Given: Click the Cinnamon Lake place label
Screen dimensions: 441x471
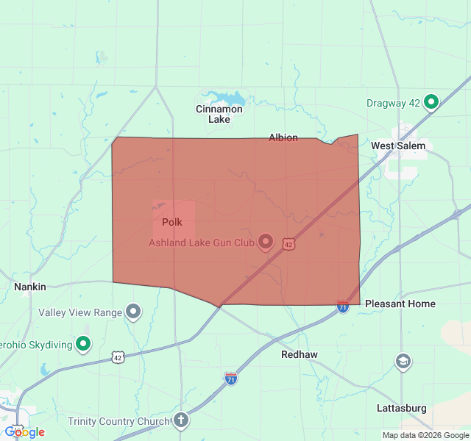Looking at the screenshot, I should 219,114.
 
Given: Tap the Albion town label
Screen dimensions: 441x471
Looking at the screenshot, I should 283,137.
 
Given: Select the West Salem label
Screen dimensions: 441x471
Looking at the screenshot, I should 397,146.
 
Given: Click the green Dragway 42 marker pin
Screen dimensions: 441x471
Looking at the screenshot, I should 431,102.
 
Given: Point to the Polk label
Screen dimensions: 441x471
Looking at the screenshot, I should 172,222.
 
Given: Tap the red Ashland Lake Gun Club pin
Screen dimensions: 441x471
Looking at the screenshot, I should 265,242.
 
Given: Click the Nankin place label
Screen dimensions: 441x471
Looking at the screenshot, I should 30,287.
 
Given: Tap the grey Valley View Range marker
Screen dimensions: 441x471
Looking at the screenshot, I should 133,312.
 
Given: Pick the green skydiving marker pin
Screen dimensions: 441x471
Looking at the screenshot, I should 84,343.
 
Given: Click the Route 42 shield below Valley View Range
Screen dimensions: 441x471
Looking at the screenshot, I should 117,357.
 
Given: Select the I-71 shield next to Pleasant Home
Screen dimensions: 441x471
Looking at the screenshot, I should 343,306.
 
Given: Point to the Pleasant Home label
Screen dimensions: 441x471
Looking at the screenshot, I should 400,304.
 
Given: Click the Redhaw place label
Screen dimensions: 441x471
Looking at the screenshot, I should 300,354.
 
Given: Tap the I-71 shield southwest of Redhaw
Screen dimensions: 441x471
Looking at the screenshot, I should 231,379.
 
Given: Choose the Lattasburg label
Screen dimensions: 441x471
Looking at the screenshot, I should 401,408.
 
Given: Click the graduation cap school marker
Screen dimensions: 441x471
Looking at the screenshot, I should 403,361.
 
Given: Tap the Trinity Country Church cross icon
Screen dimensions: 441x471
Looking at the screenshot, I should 181,420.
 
